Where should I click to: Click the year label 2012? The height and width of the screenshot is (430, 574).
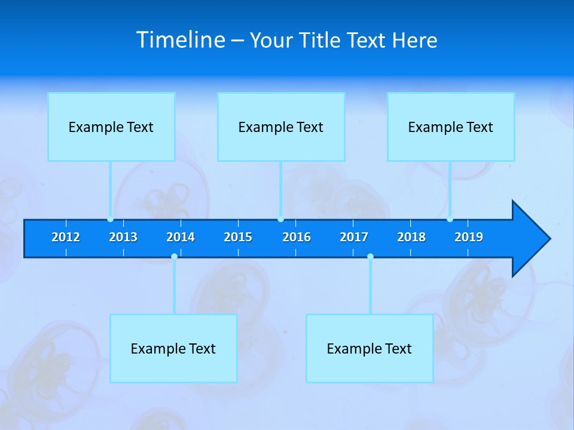[66, 237]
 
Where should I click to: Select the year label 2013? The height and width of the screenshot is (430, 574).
[123, 237]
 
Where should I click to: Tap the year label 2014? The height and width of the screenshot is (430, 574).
[181, 237]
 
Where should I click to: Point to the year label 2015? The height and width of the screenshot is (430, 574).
[238, 237]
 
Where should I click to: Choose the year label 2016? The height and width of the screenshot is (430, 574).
[297, 237]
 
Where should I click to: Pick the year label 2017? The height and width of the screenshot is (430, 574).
[354, 237]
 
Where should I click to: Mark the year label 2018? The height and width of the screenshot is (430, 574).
[411, 237]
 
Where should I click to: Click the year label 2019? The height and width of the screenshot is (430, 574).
[469, 237]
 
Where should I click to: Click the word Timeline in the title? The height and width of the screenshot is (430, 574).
[181, 39]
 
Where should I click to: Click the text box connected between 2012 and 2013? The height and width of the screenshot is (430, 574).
[111, 127]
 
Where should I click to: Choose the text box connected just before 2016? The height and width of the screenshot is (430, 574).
[281, 127]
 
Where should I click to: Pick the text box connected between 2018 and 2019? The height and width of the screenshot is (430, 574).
[451, 127]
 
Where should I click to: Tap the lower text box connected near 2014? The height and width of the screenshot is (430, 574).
[173, 348]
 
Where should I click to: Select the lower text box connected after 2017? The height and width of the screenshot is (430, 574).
[370, 348]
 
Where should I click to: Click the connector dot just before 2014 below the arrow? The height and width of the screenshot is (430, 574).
[174, 256]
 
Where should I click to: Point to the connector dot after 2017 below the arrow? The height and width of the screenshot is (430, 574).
[370, 256]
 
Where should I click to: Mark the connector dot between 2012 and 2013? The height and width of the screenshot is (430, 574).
[110, 219]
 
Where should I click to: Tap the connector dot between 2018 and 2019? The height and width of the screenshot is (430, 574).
[450, 219]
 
